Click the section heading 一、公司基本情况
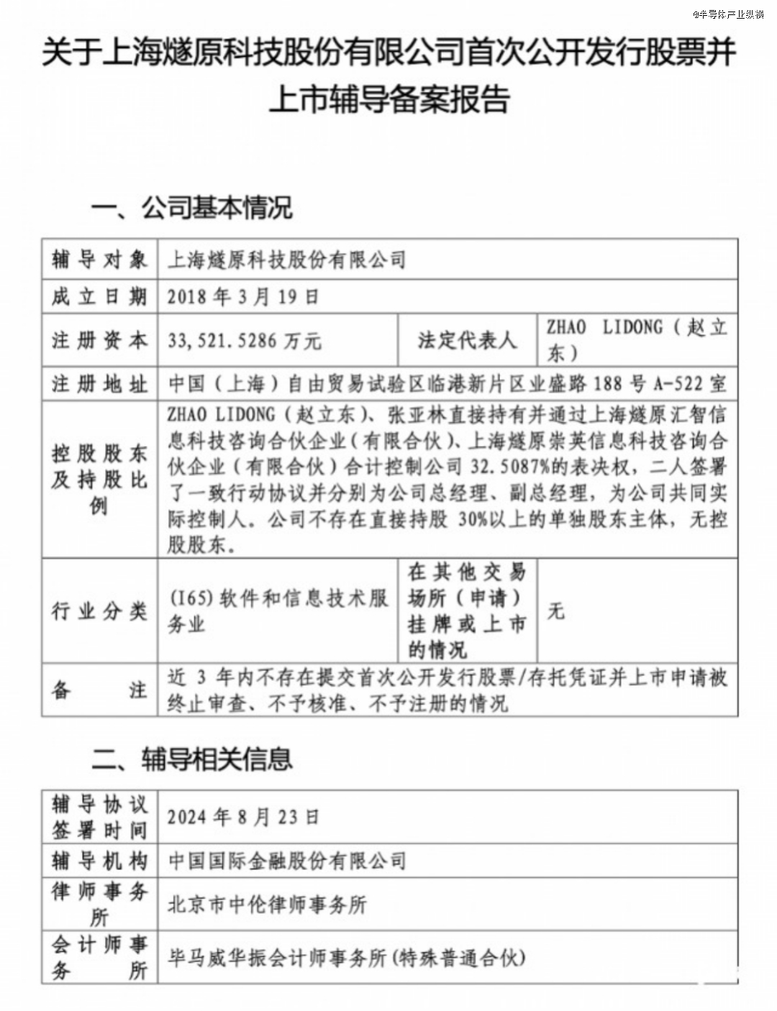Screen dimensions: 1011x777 click(x=191, y=209)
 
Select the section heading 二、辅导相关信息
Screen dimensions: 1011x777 click(x=191, y=759)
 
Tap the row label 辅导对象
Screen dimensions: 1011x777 click(x=99, y=260)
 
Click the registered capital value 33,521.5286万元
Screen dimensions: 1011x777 click(x=245, y=340)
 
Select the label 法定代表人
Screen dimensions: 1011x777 click(x=467, y=340)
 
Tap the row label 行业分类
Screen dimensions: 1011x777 click(x=99, y=611)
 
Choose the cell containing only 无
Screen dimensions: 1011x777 click(x=555, y=611)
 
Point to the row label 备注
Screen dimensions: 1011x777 click(x=99, y=690)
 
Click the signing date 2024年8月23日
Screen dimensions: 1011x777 click(x=243, y=817)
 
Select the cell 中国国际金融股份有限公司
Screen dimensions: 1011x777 click(x=287, y=861)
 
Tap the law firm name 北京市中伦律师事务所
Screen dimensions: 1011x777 click(x=267, y=905)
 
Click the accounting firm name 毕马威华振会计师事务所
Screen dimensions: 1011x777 click(x=277, y=958)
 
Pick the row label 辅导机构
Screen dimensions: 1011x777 click(x=99, y=861)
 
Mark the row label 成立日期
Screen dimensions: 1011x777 click(x=99, y=297)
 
